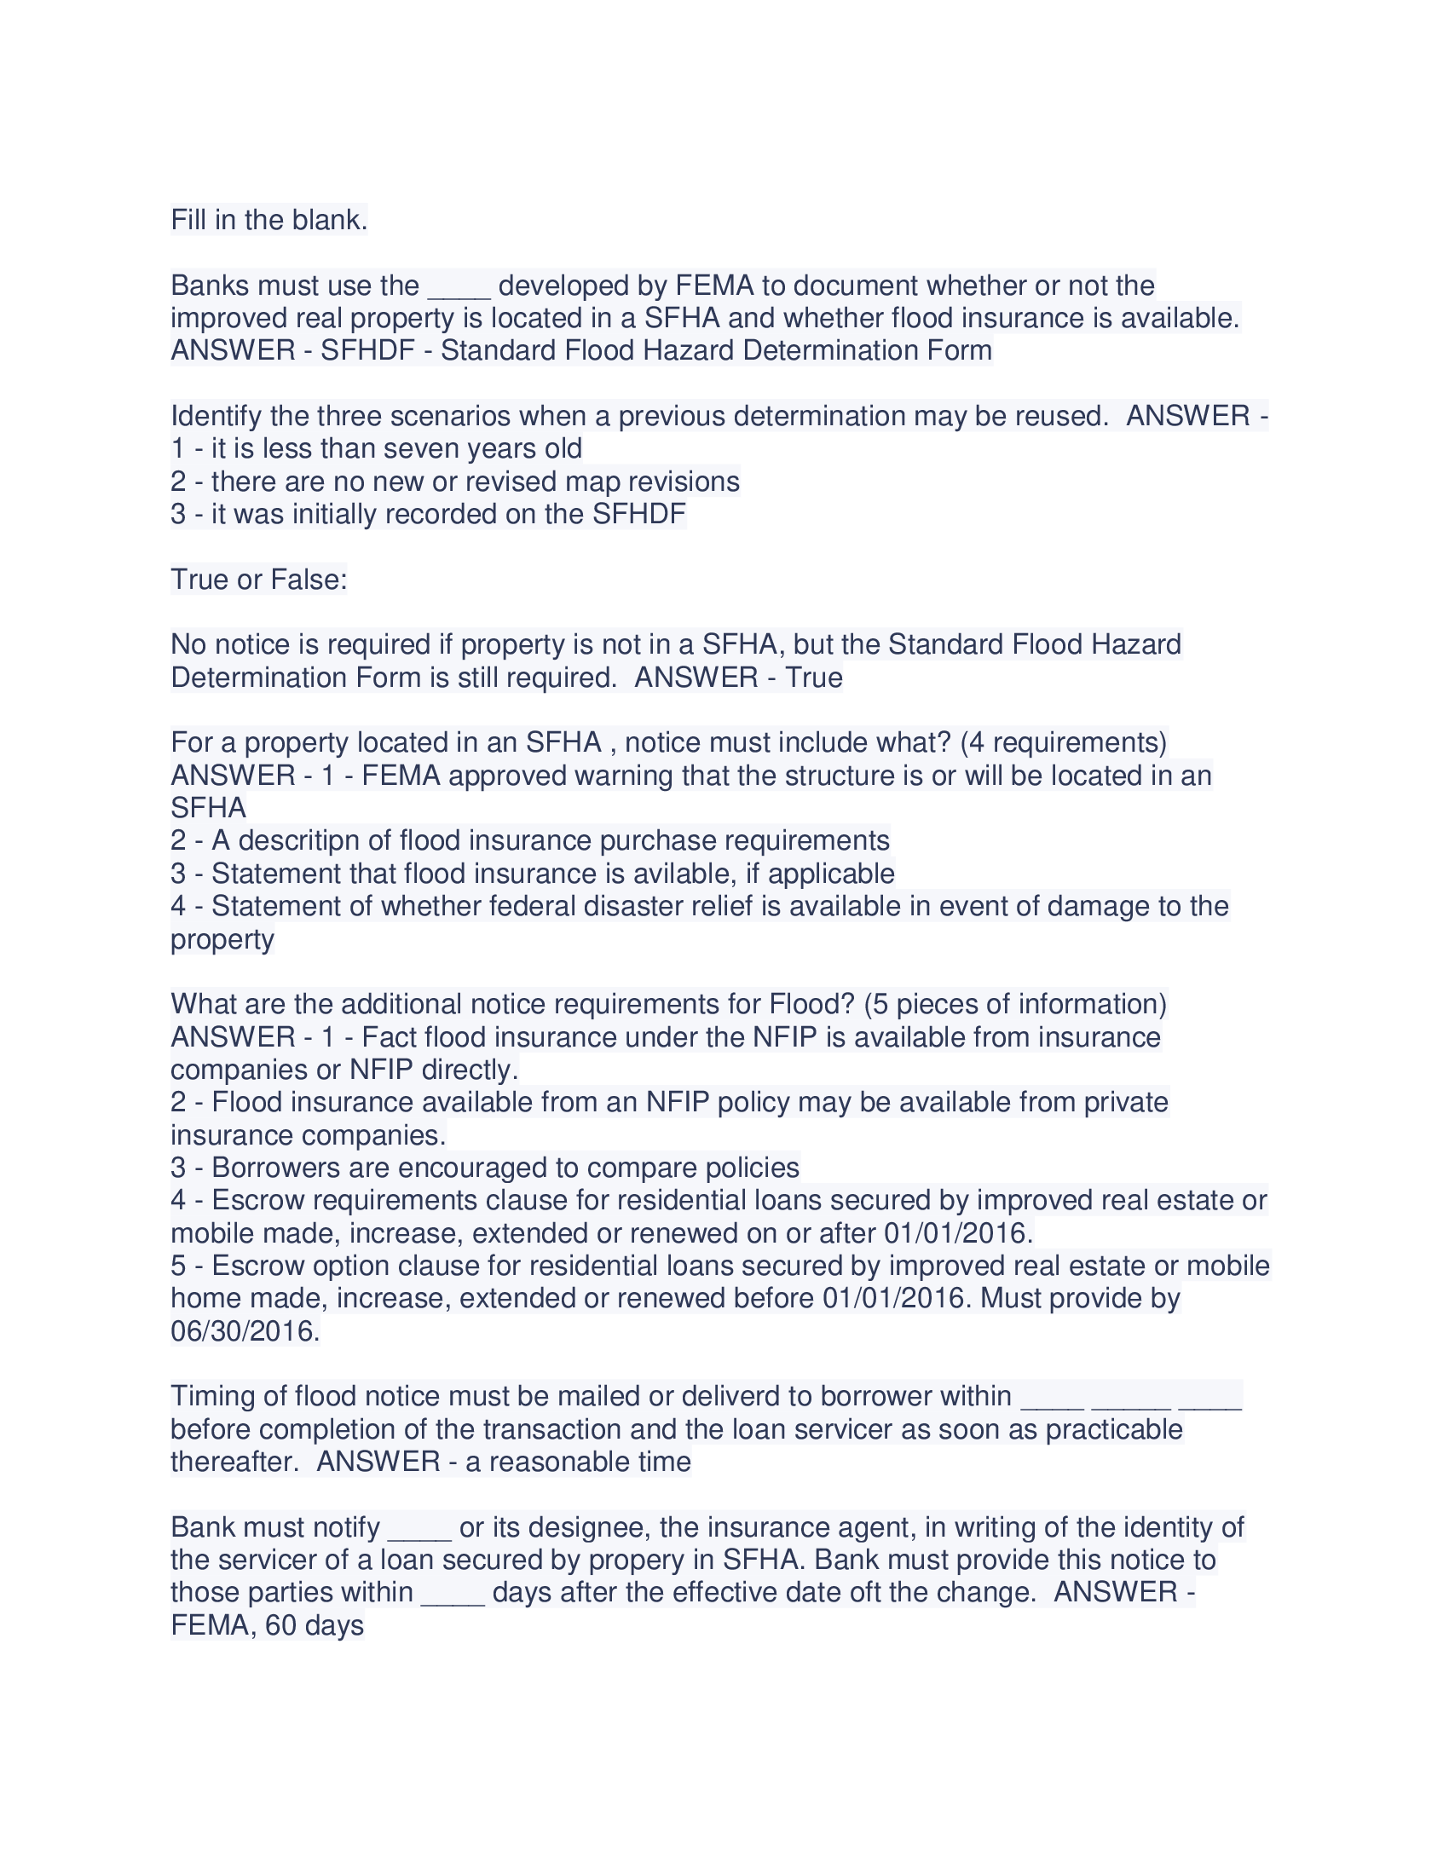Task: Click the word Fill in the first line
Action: coord(188,221)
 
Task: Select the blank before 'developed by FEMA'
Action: coord(459,286)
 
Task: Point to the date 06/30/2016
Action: coord(245,1331)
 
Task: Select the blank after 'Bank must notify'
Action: coord(419,1528)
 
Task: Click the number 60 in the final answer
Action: coord(280,1626)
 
